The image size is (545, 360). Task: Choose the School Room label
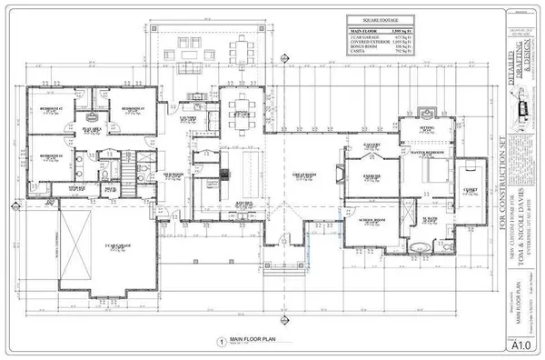coord(373,220)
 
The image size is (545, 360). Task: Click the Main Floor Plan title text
coord(256,336)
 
